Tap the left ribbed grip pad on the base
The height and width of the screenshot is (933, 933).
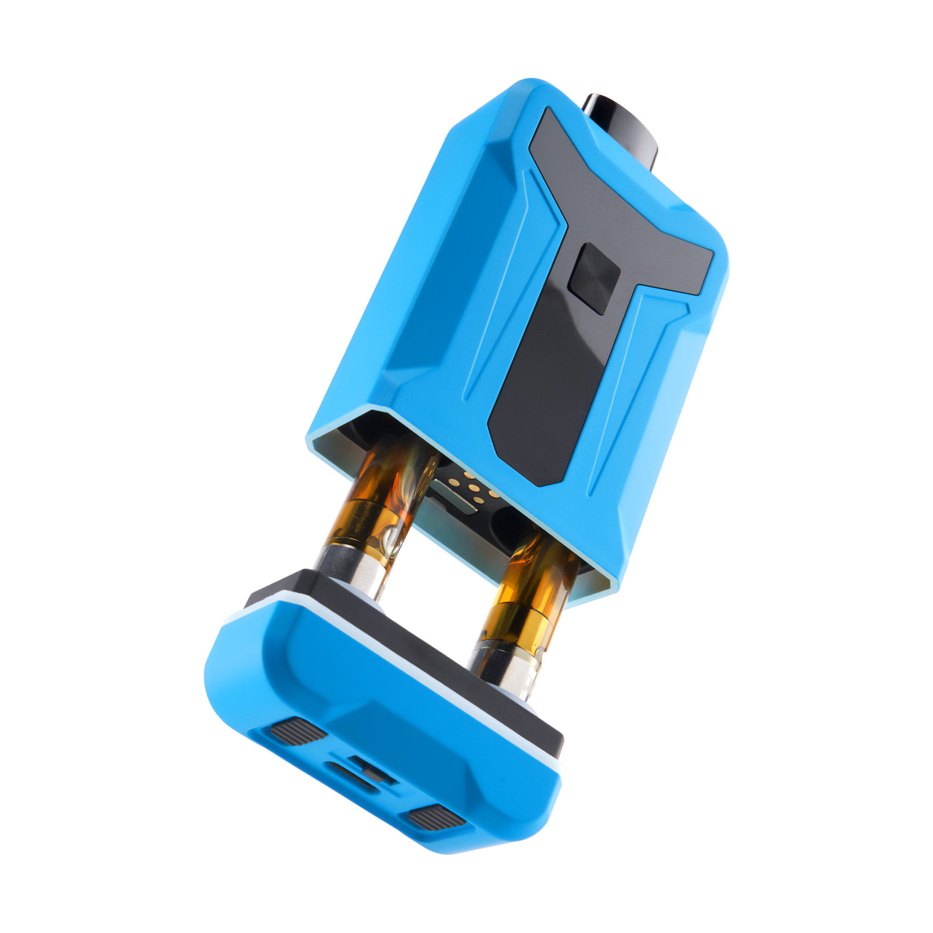[x=298, y=732]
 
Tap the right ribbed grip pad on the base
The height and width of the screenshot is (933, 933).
[x=437, y=817]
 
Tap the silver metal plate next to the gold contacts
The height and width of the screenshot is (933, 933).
[x=453, y=496]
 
